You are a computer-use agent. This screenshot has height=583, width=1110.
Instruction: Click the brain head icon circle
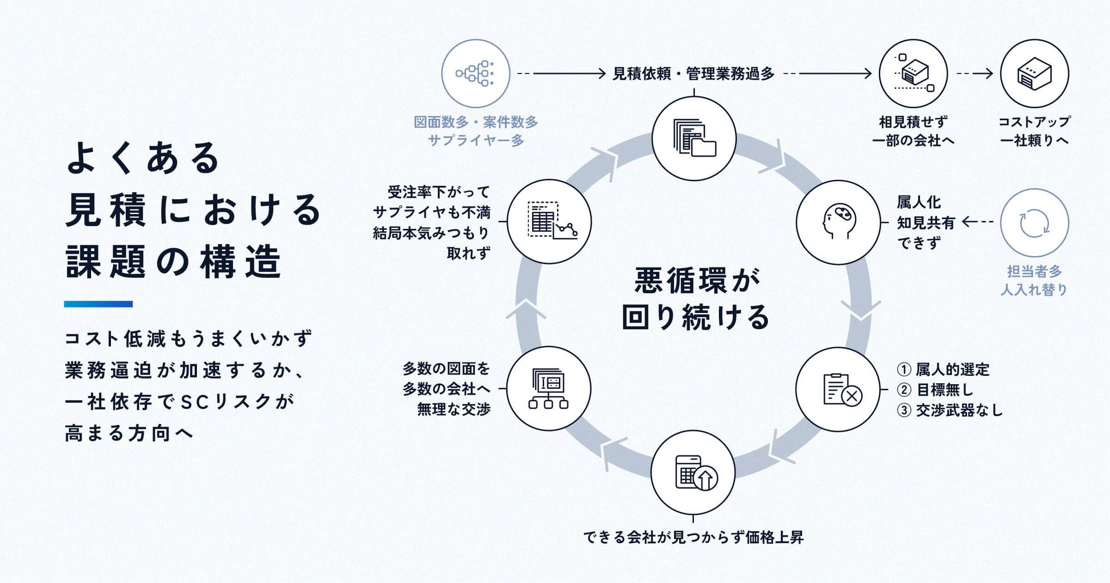tap(838, 222)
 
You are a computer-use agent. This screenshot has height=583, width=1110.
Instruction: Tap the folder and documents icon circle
tap(693, 138)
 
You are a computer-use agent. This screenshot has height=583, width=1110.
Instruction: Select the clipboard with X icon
tap(838, 389)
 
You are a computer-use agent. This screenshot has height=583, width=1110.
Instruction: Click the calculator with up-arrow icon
tap(693, 473)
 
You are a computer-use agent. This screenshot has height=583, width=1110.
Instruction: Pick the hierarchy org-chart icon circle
tap(549, 389)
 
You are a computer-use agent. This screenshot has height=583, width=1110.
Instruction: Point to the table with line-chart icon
tap(549, 221)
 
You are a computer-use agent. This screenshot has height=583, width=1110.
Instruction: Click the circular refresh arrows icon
tap(1034, 223)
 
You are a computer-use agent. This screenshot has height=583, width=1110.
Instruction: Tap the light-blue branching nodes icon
tap(475, 73)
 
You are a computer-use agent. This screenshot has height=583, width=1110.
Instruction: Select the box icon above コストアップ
tap(1034, 73)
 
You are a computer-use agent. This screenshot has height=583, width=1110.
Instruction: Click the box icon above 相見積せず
tap(913, 73)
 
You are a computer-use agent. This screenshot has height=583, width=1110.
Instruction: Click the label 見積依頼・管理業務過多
tap(693, 74)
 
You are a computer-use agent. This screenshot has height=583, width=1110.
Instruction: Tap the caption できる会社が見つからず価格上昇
tap(693, 537)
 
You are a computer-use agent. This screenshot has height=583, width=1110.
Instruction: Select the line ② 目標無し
tap(935, 390)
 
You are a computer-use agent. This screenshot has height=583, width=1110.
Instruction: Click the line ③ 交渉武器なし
tap(949, 410)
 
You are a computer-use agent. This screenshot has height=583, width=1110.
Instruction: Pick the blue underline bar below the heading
tap(98, 304)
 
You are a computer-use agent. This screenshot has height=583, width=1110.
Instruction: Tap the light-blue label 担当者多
tap(1034, 272)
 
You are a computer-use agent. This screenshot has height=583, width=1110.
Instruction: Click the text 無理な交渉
tap(454, 409)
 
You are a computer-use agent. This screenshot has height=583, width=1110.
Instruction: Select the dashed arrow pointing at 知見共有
tap(977, 222)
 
